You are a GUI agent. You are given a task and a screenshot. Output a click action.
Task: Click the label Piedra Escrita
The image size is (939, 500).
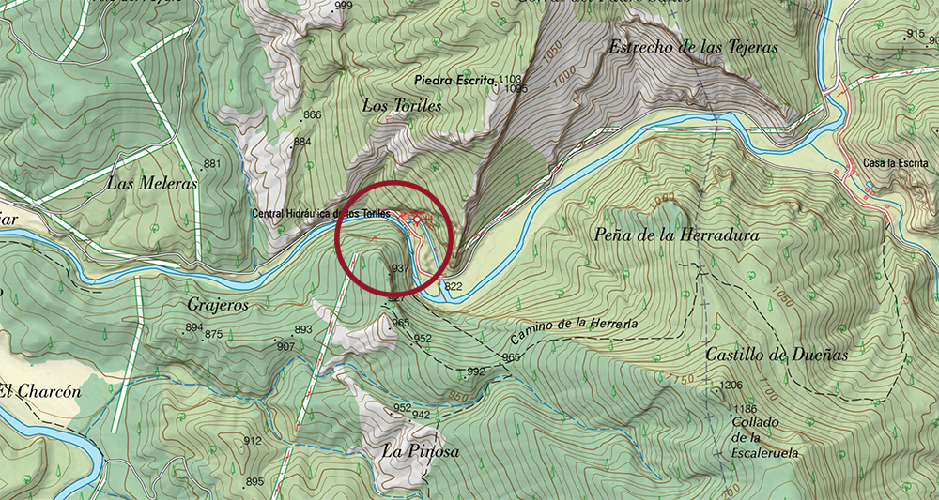coord(457,82)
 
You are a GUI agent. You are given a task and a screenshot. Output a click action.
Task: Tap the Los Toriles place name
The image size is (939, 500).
coord(402,106)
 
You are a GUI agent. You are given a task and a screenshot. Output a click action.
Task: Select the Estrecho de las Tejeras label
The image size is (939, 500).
coord(693,46)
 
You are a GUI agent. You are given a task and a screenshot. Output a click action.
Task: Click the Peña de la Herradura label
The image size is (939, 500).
coord(677,235)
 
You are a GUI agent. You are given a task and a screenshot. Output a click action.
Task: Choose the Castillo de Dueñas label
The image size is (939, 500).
coord(776,355)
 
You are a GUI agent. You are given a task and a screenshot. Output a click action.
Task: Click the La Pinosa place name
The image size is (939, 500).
coord(420,451)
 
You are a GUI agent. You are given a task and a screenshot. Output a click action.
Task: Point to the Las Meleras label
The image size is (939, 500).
coord(151,184)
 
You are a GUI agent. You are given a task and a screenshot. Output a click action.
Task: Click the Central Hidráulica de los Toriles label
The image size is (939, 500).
coord(320,214)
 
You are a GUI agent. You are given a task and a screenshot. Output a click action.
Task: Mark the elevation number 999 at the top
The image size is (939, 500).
coord(343,7)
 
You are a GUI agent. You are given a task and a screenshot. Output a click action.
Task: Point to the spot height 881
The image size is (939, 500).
coord(212,164)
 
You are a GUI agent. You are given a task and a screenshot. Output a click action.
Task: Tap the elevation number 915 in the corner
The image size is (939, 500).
coord(916,34)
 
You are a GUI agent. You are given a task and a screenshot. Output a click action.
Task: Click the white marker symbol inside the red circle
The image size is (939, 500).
coord(415,217)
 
